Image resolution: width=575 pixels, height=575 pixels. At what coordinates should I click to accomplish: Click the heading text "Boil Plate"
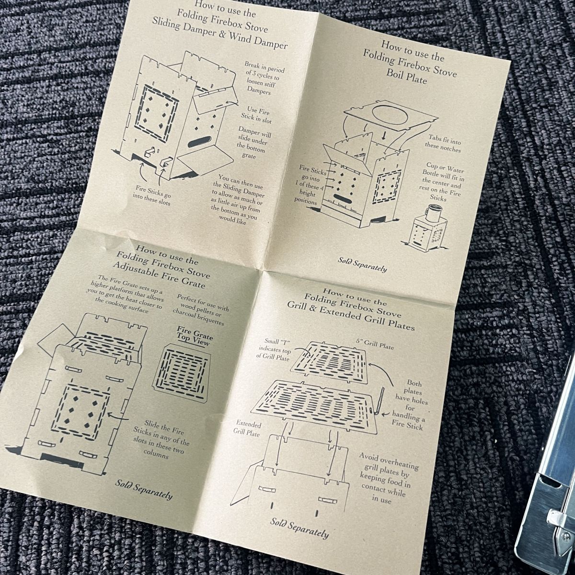[x=407, y=76]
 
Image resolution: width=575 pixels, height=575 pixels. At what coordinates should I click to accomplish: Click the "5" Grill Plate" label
[x=375, y=345]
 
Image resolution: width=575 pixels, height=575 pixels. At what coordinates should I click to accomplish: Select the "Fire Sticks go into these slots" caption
[x=153, y=195]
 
